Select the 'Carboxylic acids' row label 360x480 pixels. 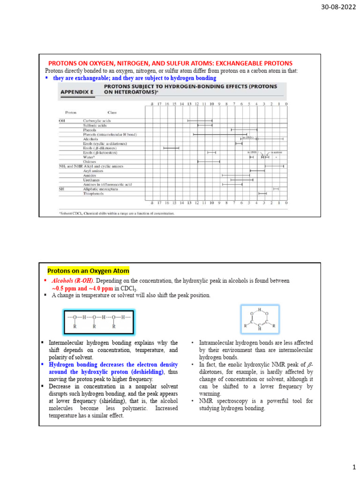click(x=97, y=121)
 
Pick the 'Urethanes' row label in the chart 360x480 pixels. click(x=92, y=180)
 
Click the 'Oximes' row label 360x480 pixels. click(x=90, y=162)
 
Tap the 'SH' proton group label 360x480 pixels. click(x=61, y=189)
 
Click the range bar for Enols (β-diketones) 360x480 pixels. click(x=171, y=148)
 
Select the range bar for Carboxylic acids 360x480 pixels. click(x=200, y=121)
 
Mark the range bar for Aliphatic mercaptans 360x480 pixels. click(x=276, y=189)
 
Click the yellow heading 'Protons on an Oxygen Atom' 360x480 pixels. click(x=88, y=271)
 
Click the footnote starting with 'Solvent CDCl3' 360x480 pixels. click(x=117, y=213)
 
